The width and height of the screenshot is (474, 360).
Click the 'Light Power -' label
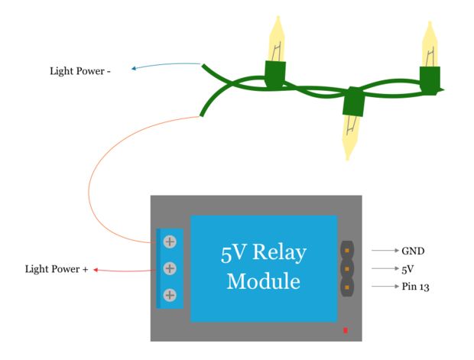[x=80, y=72]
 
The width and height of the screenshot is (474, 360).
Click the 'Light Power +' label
[x=57, y=269]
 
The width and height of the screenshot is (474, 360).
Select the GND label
[x=412, y=251]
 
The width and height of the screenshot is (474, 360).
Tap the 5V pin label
[x=407, y=269]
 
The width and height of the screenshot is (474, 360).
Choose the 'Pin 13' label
[x=416, y=287]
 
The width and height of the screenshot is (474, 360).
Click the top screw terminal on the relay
[x=170, y=242]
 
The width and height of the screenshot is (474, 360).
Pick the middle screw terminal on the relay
[x=170, y=268]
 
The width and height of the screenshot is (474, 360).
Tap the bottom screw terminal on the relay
[x=170, y=295]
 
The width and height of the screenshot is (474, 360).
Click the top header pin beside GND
[x=348, y=251]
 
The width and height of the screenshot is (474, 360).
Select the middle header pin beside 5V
[x=348, y=269]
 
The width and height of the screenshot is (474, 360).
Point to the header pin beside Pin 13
[x=348, y=287]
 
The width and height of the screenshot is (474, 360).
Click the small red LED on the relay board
[x=346, y=330]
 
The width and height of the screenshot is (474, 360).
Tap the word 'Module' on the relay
[x=263, y=281]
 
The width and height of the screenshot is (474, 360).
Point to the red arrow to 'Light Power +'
[x=122, y=270]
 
